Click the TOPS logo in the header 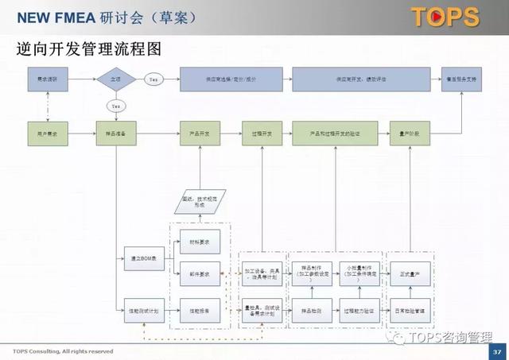pos(445,17)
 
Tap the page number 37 pos(497,351)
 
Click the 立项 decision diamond pos(115,79)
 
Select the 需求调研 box pos(48,79)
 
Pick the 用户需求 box pos(48,134)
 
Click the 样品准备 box pos(115,134)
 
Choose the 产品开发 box pos(200,134)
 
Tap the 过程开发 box pos(262,134)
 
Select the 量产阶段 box pos(409,134)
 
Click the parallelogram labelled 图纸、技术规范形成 pos(200,202)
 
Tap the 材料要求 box pos(200,244)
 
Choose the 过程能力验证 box pos(359,311)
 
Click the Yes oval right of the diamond pos(153,79)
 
